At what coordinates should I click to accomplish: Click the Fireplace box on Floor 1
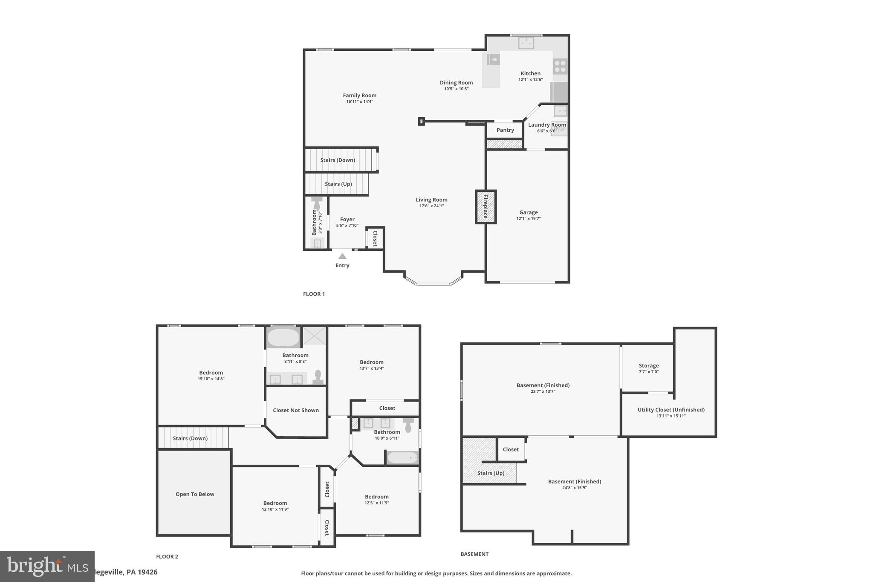pos(486,207)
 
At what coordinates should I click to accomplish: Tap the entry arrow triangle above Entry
pos(342,256)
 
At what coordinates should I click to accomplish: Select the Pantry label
pos(505,130)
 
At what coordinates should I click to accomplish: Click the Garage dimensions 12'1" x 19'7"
pos(528,219)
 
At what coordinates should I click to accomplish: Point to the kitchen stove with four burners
pos(560,67)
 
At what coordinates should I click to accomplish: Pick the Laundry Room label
pos(547,125)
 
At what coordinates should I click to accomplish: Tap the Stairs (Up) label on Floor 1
pos(338,184)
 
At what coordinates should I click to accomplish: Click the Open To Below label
pos(195,494)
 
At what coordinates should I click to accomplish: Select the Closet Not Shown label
pos(296,410)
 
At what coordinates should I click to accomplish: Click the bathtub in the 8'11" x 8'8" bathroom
pos(283,338)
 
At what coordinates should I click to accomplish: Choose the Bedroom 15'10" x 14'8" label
pos(211,373)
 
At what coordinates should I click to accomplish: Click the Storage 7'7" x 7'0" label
pos(648,366)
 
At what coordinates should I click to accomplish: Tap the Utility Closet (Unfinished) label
pos(671,410)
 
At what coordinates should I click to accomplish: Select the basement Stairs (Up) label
pos(491,473)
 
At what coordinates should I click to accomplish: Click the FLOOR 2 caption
pos(167,556)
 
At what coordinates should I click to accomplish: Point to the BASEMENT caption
pos(474,554)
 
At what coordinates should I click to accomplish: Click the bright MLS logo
pos(47,566)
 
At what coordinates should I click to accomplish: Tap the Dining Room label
pos(456,83)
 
